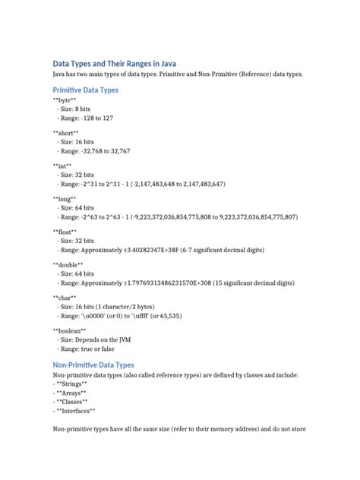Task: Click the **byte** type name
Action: click(x=65, y=100)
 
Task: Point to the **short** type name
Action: click(x=66, y=133)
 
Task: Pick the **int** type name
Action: click(x=62, y=166)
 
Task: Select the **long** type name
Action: click(x=64, y=198)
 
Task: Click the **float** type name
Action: click(x=65, y=231)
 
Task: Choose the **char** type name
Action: click(x=64, y=298)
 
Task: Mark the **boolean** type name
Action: click(x=70, y=331)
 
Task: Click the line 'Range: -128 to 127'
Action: click(x=86, y=118)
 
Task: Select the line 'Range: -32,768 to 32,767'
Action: click(x=95, y=151)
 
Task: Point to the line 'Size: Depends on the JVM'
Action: click(x=94, y=341)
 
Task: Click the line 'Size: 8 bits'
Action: click(x=75, y=109)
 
